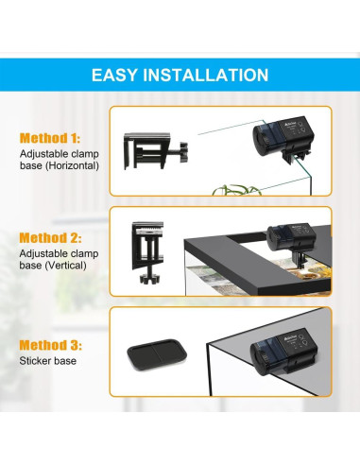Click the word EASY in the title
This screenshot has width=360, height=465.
tap(115, 74)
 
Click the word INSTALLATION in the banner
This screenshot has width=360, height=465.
tap(206, 74)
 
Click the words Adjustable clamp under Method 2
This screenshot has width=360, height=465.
tap(56, 255)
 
